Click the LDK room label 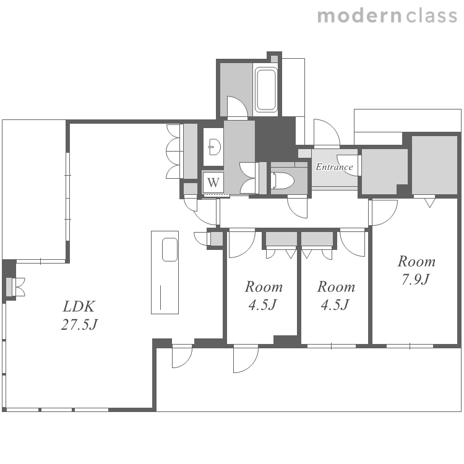coord(79,306)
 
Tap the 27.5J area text coord(79,325)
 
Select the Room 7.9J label coord(416,270)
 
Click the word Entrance coord(334,167)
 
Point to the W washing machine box coord(213,182)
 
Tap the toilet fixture coord(282,180)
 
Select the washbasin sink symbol coord(215,147)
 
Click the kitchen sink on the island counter coord(170,249)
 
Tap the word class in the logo coord(432,15)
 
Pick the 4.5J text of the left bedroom coord(262,304)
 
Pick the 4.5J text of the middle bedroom coord(335,304)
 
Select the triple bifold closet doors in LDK coord(173,151)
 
